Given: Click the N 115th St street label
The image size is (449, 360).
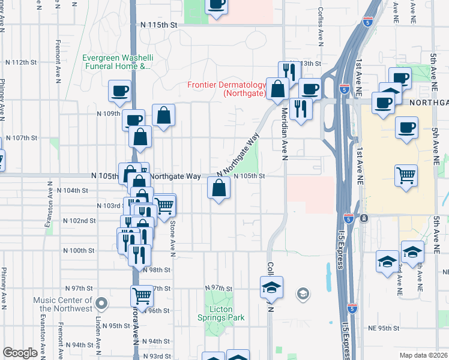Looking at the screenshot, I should coord(159,25).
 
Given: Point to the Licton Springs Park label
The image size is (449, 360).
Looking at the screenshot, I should coord(223,313).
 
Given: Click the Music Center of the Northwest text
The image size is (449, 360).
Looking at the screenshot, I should coord(62,304).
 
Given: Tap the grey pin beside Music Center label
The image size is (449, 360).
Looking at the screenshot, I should coord(101,303).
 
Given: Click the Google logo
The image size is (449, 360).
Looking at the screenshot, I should coord(20,353).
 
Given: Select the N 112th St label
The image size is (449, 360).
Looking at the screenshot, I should coord(21,62).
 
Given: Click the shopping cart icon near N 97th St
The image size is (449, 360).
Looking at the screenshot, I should coord(142,295).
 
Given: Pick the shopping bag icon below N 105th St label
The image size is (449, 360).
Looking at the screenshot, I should coord(218,188).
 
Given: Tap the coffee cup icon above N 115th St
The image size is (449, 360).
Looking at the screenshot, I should coord(216,4).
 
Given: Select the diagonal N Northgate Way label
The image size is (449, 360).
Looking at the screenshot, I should coord(237,155).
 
